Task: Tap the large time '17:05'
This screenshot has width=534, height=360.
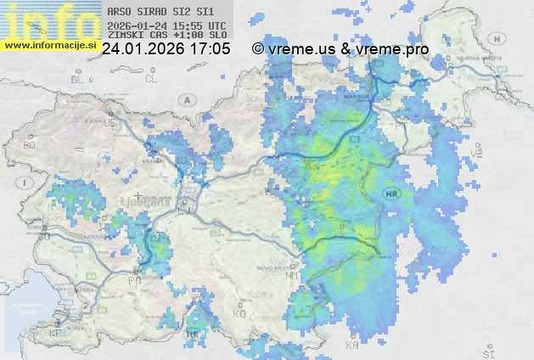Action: (x=210, y=49)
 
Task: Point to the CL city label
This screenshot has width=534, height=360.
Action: (x=152, y=79)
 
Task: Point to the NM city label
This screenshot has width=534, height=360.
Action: (x=292, y=276)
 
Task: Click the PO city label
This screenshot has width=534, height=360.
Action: (x=134, y=280)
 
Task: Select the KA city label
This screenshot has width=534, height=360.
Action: (x=351, y=346)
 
